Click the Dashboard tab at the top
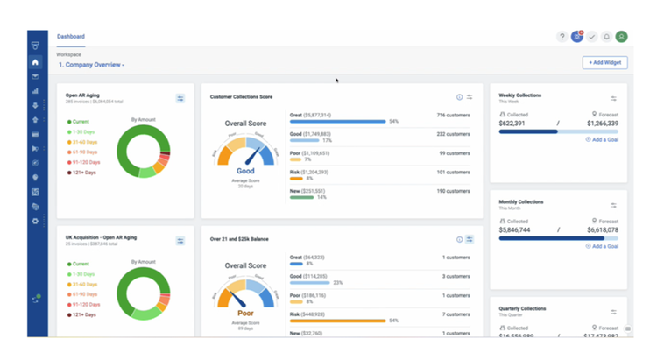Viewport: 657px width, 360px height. [x=71, y=37]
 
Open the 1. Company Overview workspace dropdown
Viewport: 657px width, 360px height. [x=91, y=65]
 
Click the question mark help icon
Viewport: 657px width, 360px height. [x=562, y=37]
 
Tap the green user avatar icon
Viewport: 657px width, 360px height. [x=621, y=37]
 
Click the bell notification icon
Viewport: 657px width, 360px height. [x=606, y=37]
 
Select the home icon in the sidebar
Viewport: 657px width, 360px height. [x=35, y=62]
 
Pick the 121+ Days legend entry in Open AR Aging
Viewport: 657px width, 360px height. [x=84, y=173]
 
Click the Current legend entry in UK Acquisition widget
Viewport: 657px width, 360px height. [x=81, y=263]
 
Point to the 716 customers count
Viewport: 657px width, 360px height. [x=454, y=115]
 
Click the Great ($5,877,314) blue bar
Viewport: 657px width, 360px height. [x=337, y=122]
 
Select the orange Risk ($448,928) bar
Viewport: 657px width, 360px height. [x=337, y=321]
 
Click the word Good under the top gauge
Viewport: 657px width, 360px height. [x=245, y=171]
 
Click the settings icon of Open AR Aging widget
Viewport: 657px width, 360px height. [x=180, y=99]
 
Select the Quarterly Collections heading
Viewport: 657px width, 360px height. [x=522, y=308]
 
